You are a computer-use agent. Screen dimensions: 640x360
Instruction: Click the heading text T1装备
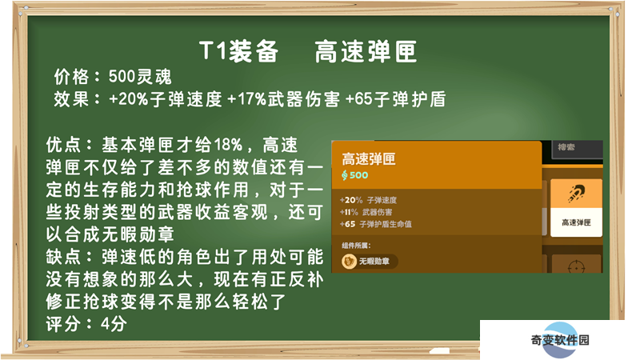pyautogui.click(x=239, y=52)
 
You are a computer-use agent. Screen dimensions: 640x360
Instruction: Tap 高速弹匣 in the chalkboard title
pyautogui.click(x=366, y=52)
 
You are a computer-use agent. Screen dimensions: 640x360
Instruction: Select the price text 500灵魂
pyautogui.click(x=140, y=76)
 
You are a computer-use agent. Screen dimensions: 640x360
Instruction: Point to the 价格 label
pyautogui.click(x=71, y=76)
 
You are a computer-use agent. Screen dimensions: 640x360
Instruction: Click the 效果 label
pyautogui.click(x=71, y=98)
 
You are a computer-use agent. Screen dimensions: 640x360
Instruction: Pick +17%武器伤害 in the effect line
pyautogui.click(x=283, y=98)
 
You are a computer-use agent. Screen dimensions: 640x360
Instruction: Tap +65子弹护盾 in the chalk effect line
pyautogui.click(x=395, y=98)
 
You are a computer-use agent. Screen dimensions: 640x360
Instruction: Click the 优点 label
pyautogui.click(x=63, y=145)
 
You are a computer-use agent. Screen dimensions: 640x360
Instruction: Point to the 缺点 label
pyautogui.click(x=63, y=257)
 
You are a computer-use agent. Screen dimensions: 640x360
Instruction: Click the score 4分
pyautogui.click(x=114, y=324)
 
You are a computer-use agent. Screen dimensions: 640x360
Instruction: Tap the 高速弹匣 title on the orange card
pyautogui.click(x=369, y=158)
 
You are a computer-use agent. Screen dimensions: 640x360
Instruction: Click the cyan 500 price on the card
pyautogui.click(x=354, y=175)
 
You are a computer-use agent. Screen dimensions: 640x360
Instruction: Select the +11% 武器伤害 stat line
pyautogui.click(x=366, y=212)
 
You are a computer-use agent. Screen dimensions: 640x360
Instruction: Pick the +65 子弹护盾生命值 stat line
pyautogui.click(x=375, y=224)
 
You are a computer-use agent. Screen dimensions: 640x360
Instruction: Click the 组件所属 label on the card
pyautogui.click(x=356, y=246)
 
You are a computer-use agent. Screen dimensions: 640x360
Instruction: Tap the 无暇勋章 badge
pyautogui.click(x=370, y=262)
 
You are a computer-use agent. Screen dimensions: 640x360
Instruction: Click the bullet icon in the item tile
pyautogui.click(x=576, y=193)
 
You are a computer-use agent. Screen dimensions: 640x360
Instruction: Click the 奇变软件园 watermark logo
pyautogui.click(x=560, y=339)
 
